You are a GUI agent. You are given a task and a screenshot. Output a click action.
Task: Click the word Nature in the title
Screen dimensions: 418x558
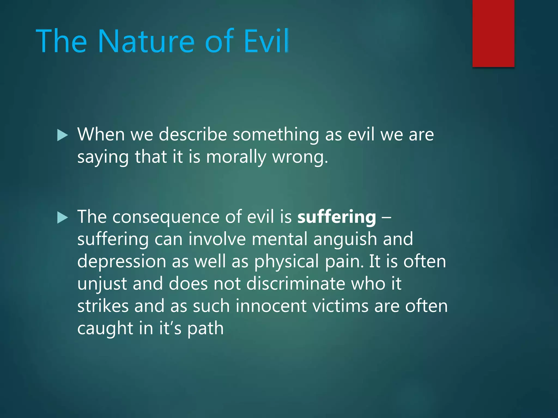pyautogui.click(x=146, y=41)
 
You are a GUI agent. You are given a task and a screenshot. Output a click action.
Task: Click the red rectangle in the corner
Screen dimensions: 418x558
pyautogui.click(x=493, y=33)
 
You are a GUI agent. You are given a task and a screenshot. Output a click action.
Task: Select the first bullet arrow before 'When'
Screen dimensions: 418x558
pyautogui.click(x=62, y=135)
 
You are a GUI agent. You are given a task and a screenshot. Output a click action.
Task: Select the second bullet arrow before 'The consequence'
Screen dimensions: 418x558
pyautogui.click(x=62, y=218)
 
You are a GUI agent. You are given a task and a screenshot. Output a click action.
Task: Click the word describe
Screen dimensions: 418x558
pyautogui.click(x=193, y=135)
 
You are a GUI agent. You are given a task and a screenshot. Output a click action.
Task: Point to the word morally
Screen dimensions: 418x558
pyautogui.click(x=236, y=157)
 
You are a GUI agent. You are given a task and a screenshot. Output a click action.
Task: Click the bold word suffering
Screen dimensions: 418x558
pyautogui.click(x=336, y=217)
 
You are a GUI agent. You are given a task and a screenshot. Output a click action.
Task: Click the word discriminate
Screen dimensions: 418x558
pyautogui.click(x=296, y=284)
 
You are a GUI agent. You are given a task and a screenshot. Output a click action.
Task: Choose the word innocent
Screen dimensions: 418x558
pyautogui.click(x=271, y=306)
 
